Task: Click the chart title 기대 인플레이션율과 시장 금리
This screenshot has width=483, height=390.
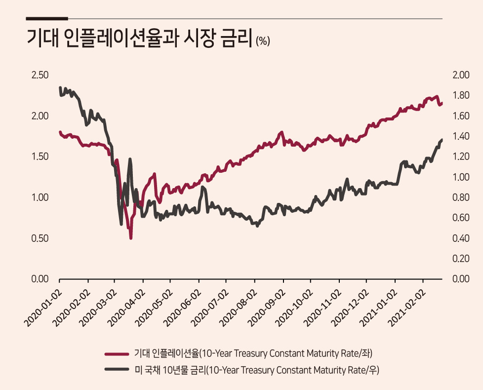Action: pos(140,39)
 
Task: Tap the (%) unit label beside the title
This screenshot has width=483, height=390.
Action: pos(263,41)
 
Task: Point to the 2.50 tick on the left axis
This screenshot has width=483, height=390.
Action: pos(40,75)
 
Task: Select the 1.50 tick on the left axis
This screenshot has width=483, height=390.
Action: pos(40,156)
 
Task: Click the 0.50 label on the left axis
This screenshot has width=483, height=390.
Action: pos(40,238)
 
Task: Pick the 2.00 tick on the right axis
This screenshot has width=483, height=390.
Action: pos(461,75)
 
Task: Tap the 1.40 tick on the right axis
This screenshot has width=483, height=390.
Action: pos(461,136)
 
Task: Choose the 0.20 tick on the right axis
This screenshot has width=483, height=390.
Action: pos(461,258)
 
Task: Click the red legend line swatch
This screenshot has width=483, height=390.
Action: pos(117,354)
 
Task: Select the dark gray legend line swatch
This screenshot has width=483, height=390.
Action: pos(117,369)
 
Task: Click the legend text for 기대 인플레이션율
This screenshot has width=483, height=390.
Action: pos(253,353)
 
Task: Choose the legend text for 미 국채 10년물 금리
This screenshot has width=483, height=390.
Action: pos(257,369)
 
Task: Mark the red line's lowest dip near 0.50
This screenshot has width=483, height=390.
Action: pos(131,237)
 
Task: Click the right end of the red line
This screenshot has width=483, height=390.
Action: pos(442,103)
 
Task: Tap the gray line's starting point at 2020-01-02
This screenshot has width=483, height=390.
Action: pos(60,88)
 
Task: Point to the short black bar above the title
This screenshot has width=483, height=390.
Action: pos(47,18)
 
